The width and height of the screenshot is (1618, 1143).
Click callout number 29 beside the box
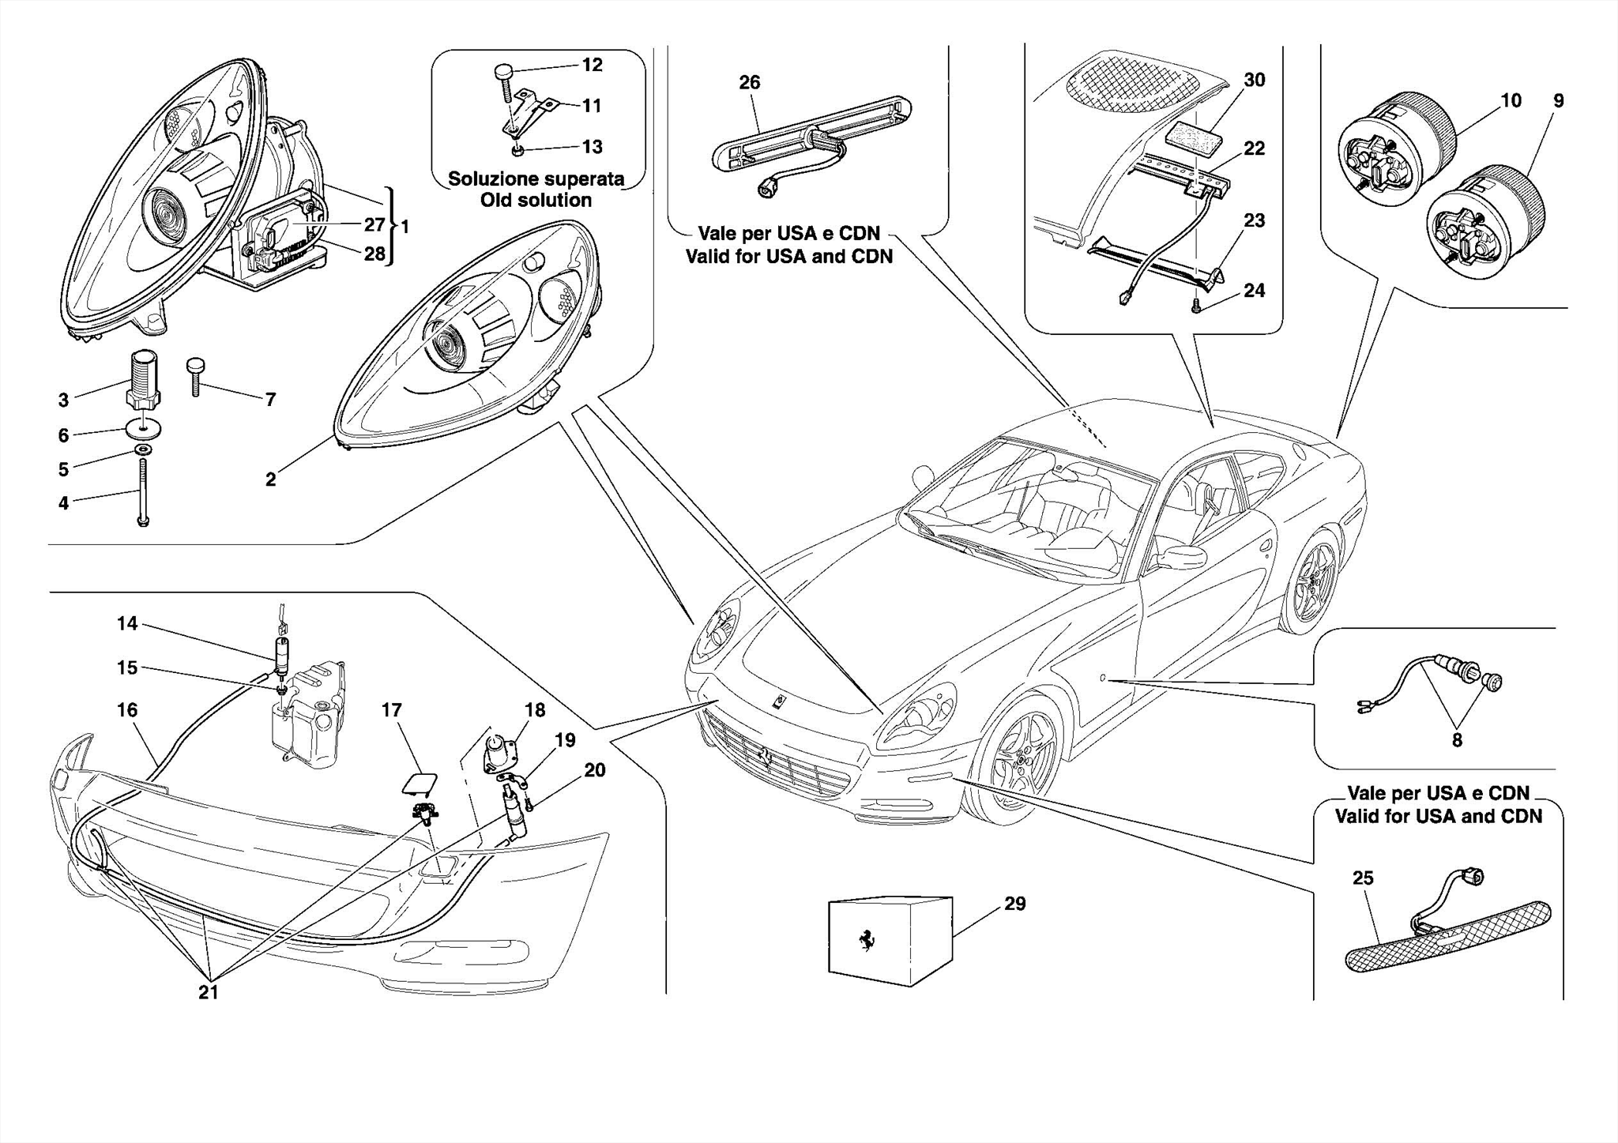coord(1014,904)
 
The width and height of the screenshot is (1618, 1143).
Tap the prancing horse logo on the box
coord(867,940)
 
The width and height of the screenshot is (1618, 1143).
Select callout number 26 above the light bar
coord(749,82)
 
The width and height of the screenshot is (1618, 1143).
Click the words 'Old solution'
coord(536,200)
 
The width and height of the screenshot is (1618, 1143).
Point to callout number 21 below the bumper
coord(208,993)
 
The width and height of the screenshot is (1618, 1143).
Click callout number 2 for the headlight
coord(270,479)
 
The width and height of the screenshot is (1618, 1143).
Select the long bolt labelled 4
coord(143,494)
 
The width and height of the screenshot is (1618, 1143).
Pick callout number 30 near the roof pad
coord(1254,80)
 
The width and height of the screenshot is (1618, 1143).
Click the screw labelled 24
coord(1195,305)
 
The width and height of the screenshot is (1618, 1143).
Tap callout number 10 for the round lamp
coord(1510,100)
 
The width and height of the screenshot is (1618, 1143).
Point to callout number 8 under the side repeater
coord(1456,740)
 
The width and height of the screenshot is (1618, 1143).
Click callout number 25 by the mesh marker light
coord(1362,878)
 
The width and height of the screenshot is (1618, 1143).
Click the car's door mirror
coord(1183,556)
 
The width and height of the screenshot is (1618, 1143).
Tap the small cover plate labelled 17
coord(419,782)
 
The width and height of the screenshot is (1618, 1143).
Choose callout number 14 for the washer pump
coord(126,623)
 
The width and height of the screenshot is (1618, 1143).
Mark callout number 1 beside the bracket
coord(404,227)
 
